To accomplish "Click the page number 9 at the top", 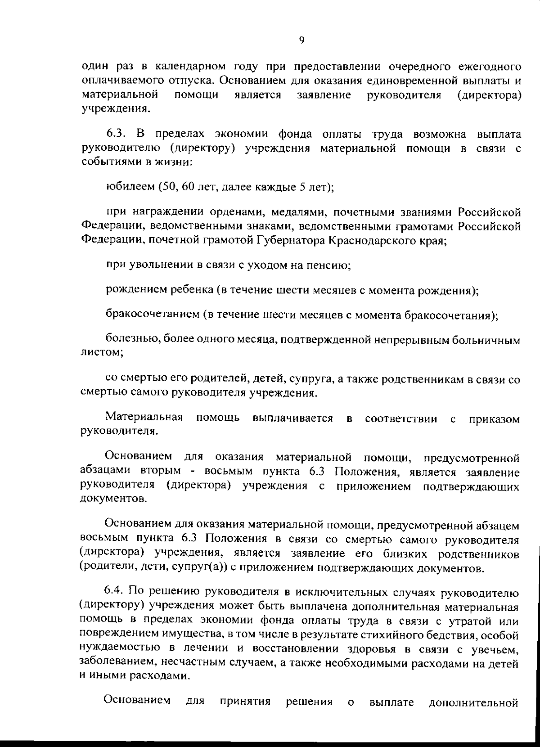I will point(301,40).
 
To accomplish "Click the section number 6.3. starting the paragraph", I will point(118,134).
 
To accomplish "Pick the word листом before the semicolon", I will point(99,353).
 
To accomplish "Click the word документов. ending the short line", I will point(112,499).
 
